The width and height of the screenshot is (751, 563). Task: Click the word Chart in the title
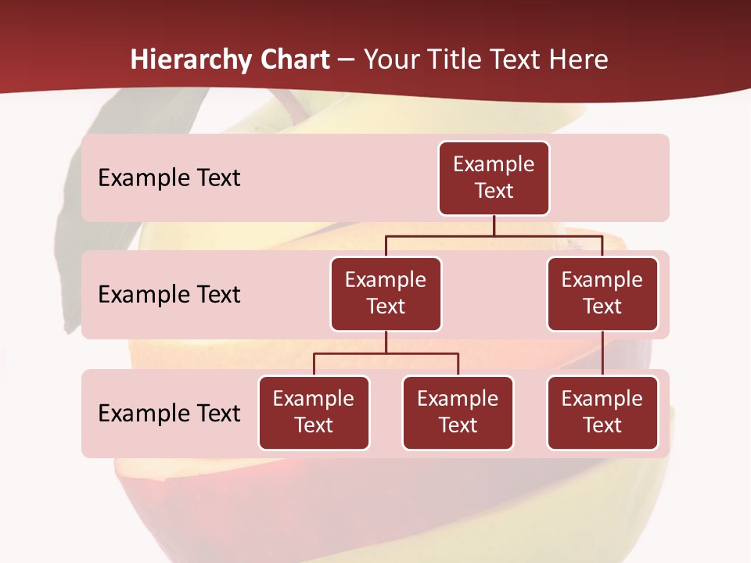(295, 60)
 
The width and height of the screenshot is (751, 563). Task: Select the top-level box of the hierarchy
(494, 178)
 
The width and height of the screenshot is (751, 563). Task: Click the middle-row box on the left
(386, 294)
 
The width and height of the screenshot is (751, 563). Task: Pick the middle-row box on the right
(602, 294)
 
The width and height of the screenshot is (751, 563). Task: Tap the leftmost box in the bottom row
(314, 413)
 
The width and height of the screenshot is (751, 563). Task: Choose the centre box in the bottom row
(458, 413)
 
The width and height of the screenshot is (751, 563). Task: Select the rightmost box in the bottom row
(602, 413)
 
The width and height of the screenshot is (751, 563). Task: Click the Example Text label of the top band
(169, 178)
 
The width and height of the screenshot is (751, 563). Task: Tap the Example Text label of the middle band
(169, 295)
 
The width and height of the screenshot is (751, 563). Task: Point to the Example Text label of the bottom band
(169, 414)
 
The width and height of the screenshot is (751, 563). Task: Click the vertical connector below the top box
(494, 225)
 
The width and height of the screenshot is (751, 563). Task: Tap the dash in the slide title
(347, 61)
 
